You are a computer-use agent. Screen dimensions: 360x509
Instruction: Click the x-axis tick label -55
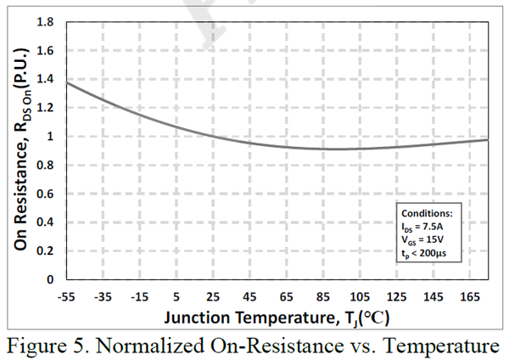67,296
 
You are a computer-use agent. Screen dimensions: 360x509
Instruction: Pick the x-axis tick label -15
141,296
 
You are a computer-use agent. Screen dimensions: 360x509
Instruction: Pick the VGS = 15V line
422,241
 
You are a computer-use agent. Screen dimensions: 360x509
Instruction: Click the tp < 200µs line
425,254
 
